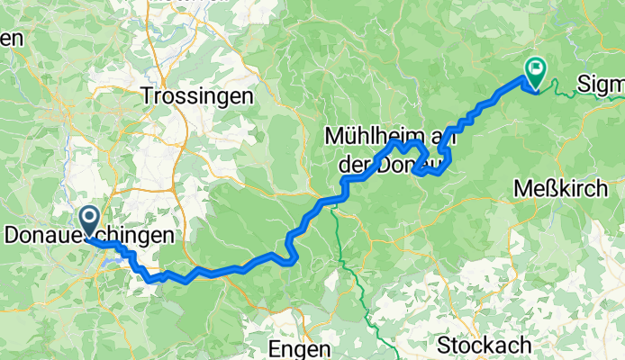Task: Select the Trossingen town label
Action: pos(199,96)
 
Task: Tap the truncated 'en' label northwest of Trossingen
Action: pos(11,39)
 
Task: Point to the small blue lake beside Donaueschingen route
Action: pos(117,262)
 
